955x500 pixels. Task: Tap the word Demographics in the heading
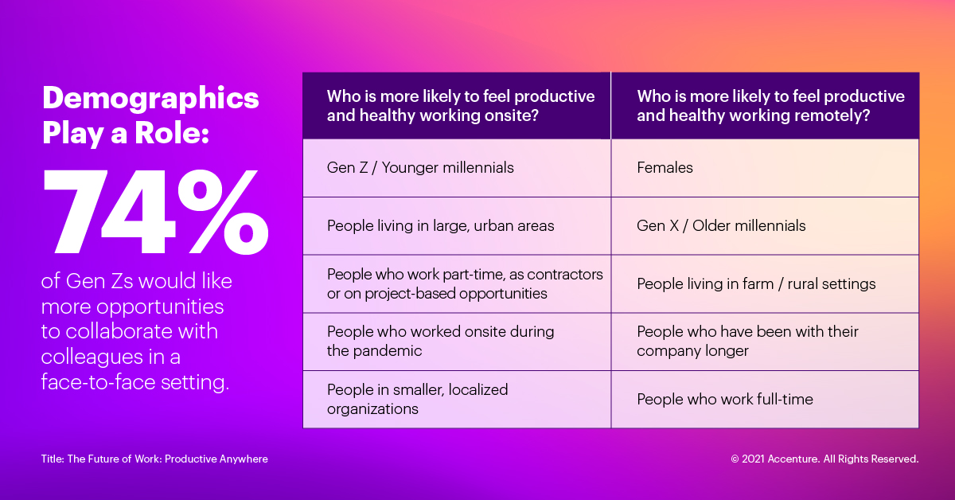(x=150, y=98)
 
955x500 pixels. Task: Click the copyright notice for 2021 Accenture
(x=824, y=459)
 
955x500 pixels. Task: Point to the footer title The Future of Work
(x=154, y=459)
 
